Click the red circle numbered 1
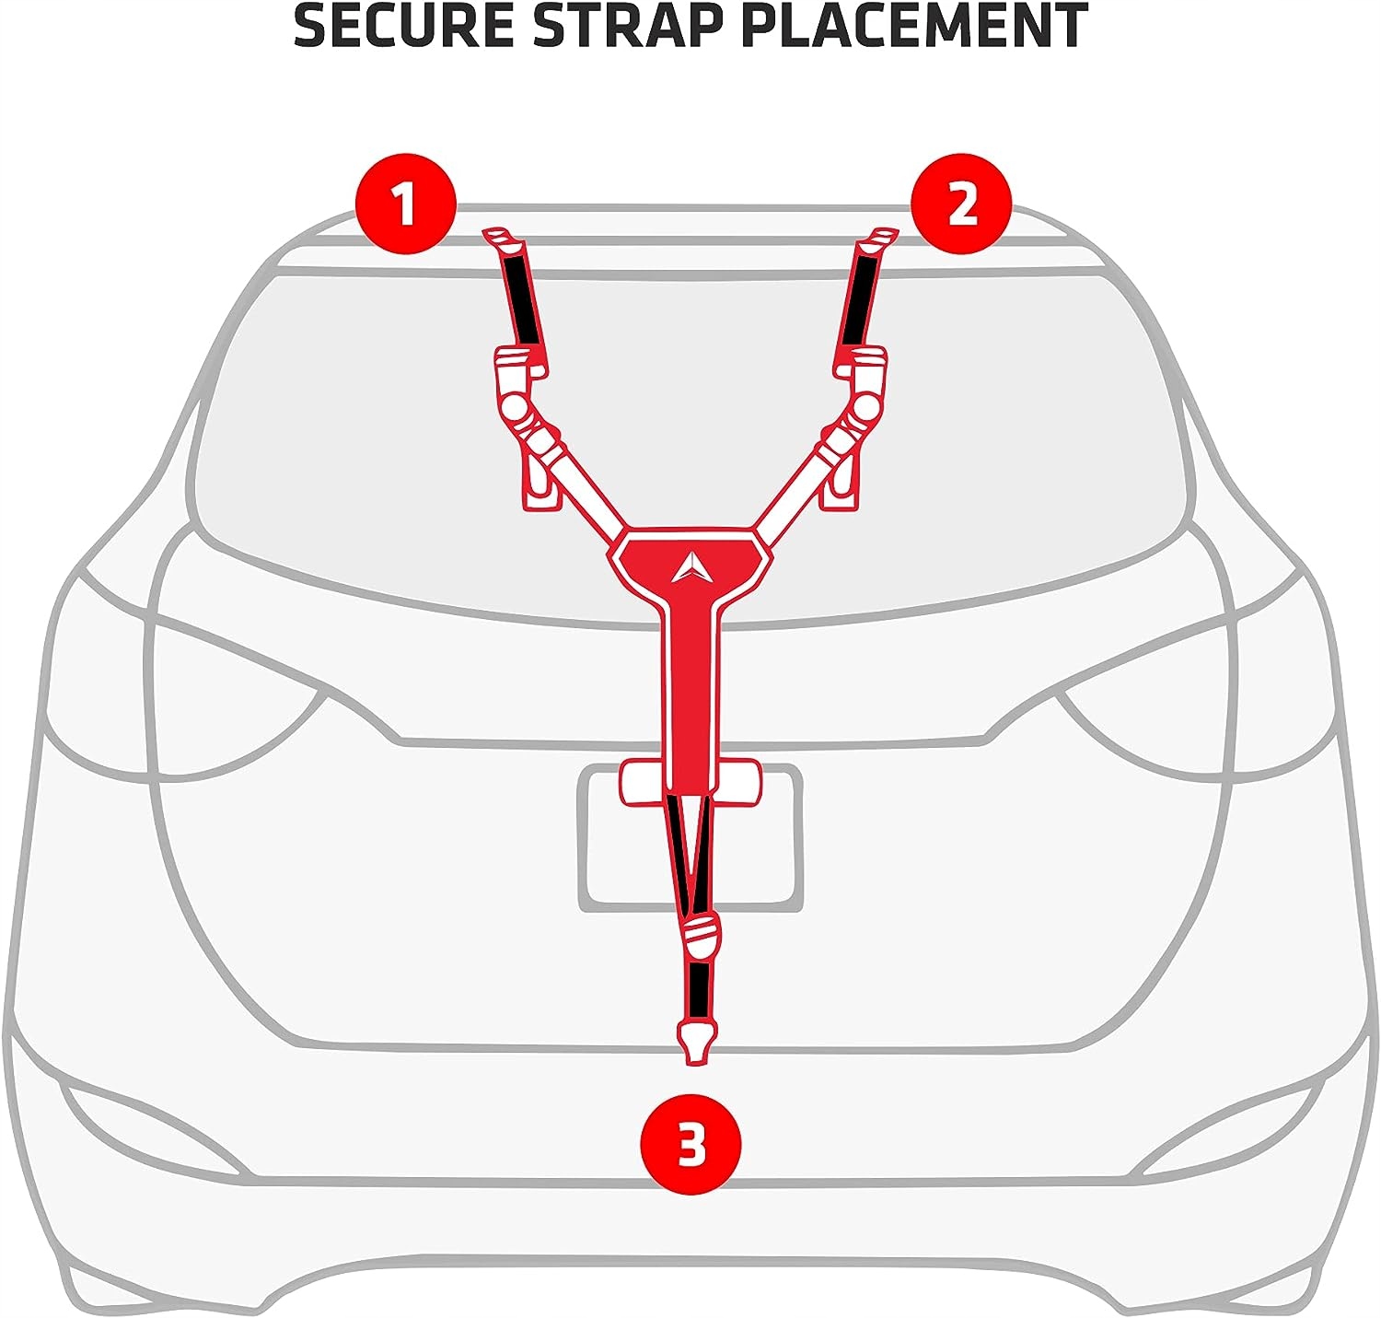click(x=406, y=204)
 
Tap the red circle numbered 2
click(x=961, y=204)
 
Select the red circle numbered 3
click(x=690, y=1145)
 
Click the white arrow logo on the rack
click(x=691, y=568)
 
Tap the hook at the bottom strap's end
click(x=696, y=1041)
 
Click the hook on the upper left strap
click(x=502, y=240)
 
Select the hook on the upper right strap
click(x=874, y=240)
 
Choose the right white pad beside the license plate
click(x=738, y=781)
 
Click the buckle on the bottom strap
click(x=702, y=935)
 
